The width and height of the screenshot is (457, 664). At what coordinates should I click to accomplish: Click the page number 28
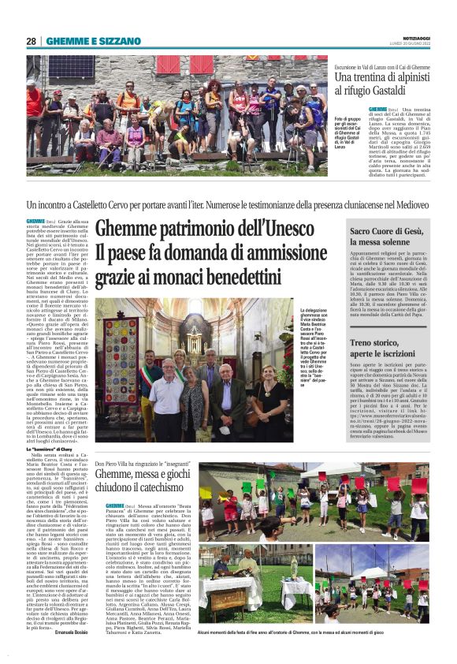31,41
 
